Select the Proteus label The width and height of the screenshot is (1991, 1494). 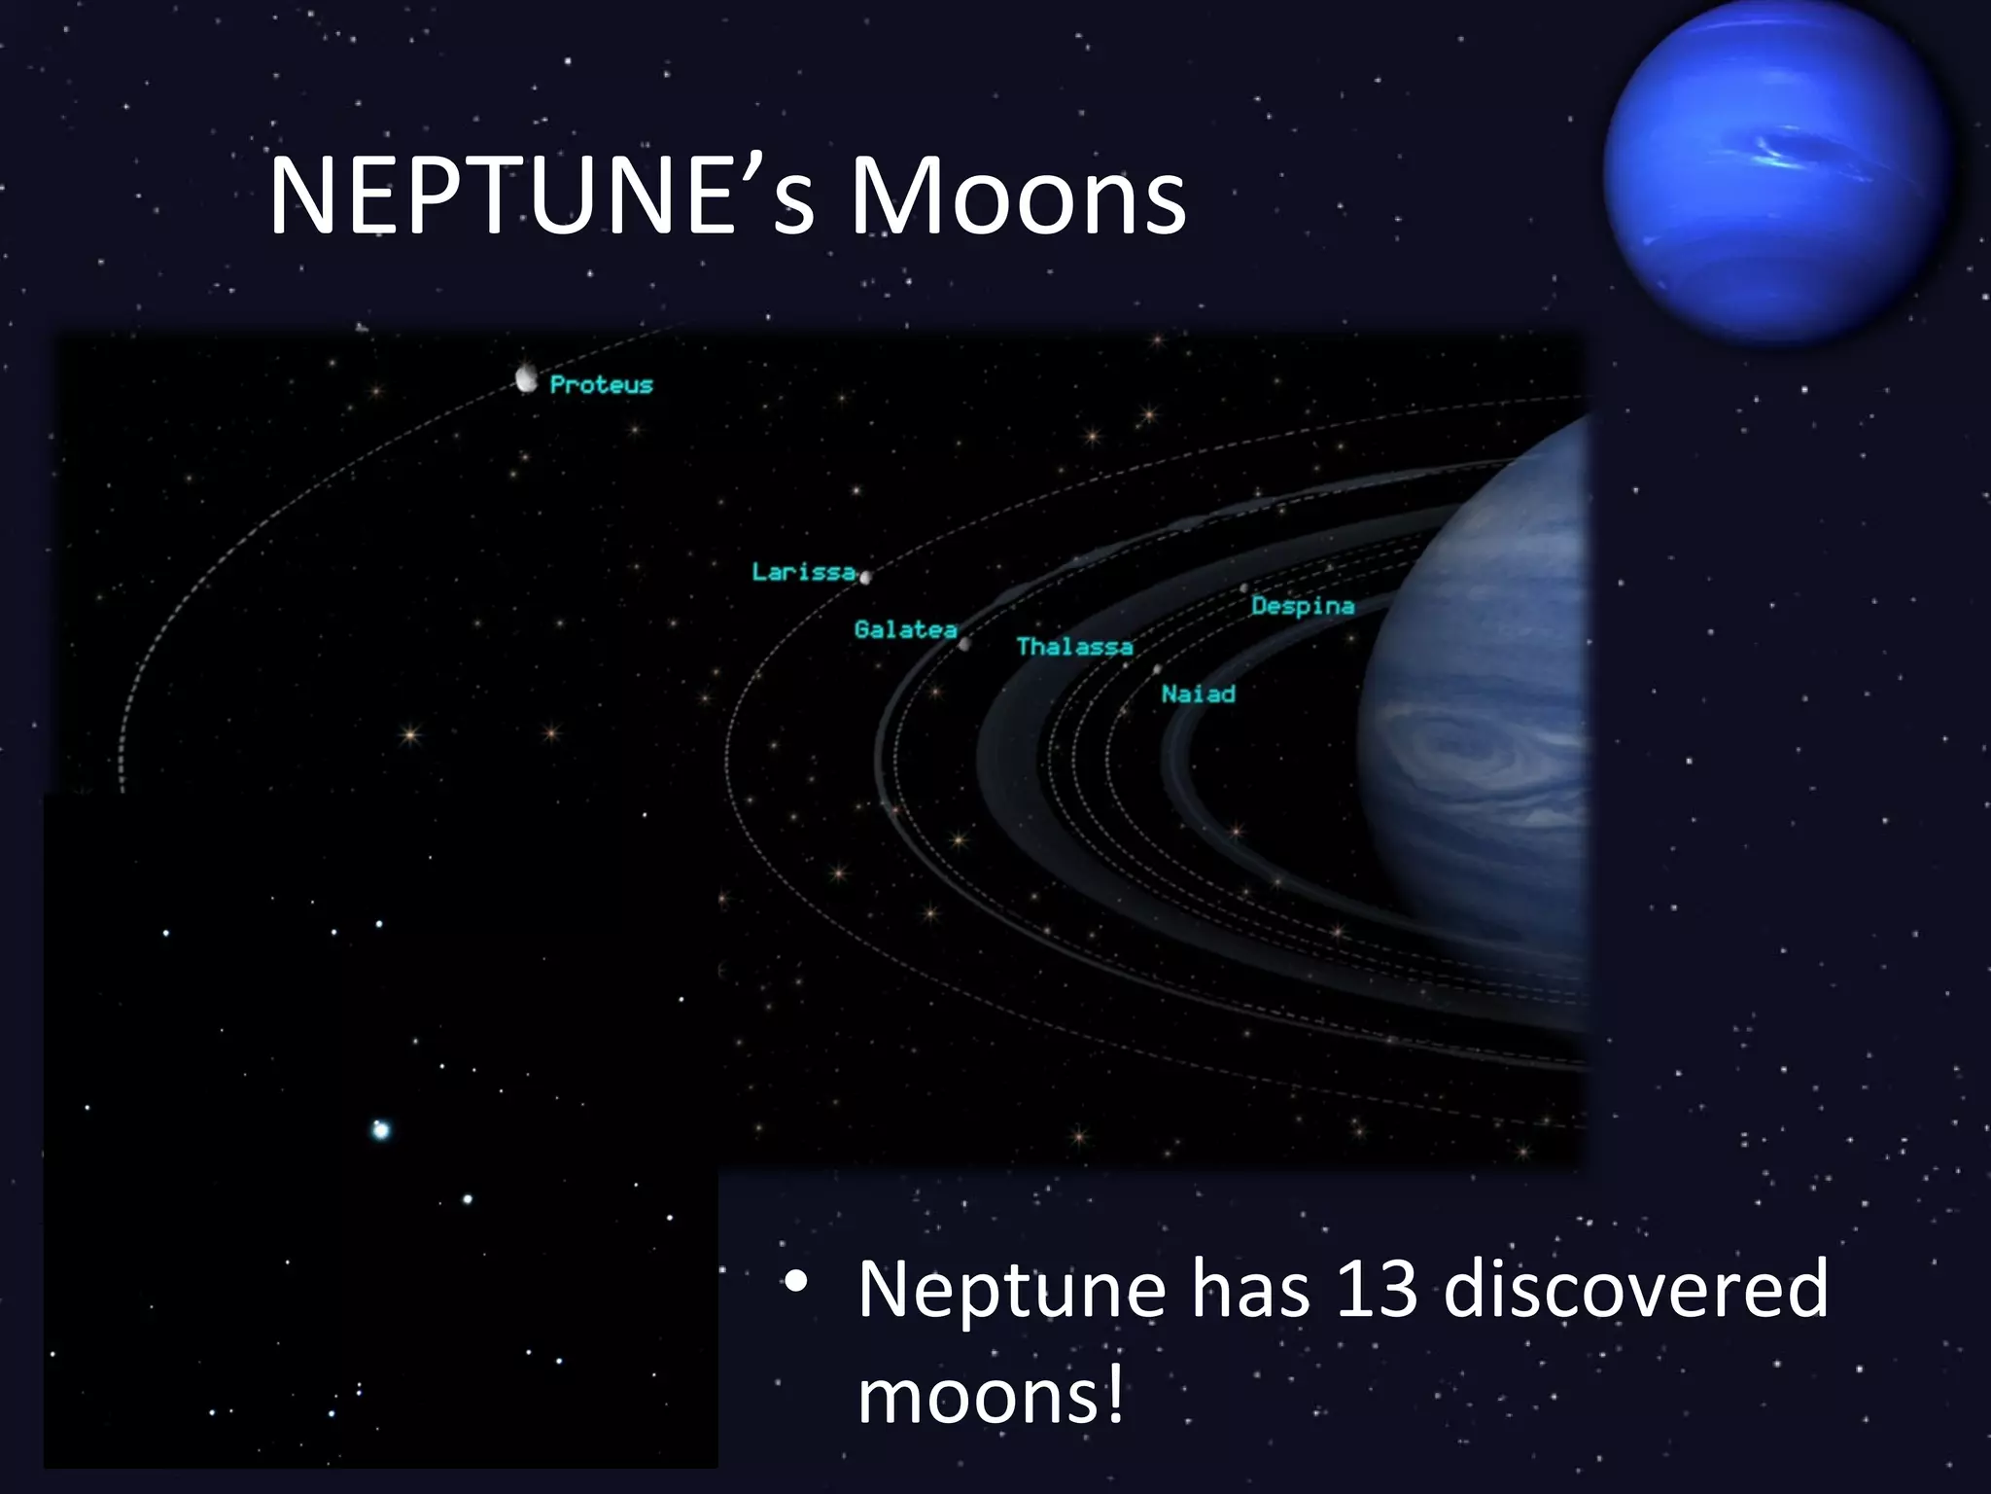coord(601,385)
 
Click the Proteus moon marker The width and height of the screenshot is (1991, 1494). coord(527,378)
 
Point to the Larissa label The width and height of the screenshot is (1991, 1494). coord(803,572)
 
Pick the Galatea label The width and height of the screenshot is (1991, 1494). coord(905,630)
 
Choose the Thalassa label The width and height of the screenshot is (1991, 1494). coord(1074,647)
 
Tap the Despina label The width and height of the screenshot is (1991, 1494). coord(1303,606)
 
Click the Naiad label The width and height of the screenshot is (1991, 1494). coord(1198,694)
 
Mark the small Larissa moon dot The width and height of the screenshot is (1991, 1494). coord(865,578)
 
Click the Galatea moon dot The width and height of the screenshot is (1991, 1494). coord(964,643)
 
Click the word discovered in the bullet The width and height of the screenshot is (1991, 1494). coord(1635,1289)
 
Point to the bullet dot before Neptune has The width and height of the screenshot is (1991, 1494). coord(796,1283)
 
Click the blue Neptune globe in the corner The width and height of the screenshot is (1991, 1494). coord(1775,170)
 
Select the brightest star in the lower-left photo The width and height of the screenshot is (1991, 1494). coord(381,1129)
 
